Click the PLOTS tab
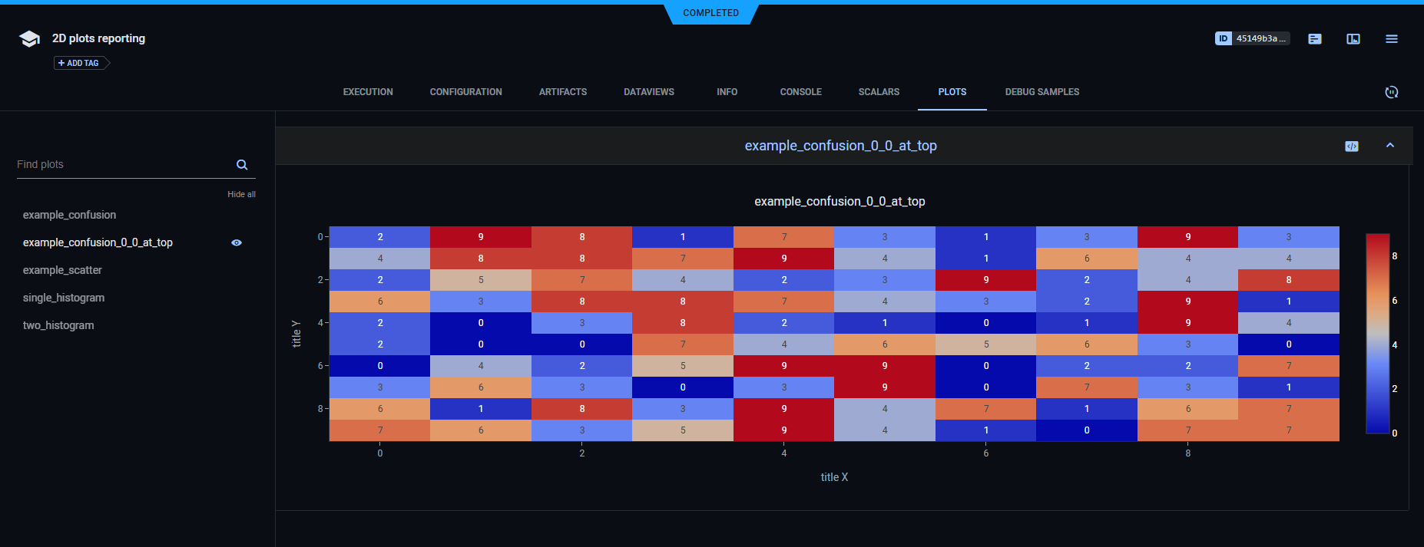(952, 92)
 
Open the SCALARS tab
(879, 92)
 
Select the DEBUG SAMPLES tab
(1042, 92)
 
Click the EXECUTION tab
(368, 92)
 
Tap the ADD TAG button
(79, 63)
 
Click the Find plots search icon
(242, 165)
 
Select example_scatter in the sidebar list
(62, 270)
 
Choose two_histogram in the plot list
(58, 325)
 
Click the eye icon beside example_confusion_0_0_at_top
(237, 242)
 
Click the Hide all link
(241, 194)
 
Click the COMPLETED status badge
(710, 13)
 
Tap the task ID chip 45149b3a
(1252, 38)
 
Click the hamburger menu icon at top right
(1391, 38)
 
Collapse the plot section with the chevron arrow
(1389, 146)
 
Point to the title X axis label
(834, 477)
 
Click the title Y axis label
(296, 334)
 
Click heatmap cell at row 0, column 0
(379, 237)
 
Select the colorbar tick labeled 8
(1394, 255)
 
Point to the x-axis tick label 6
(986, 453)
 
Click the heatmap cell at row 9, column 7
(1086, 430)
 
